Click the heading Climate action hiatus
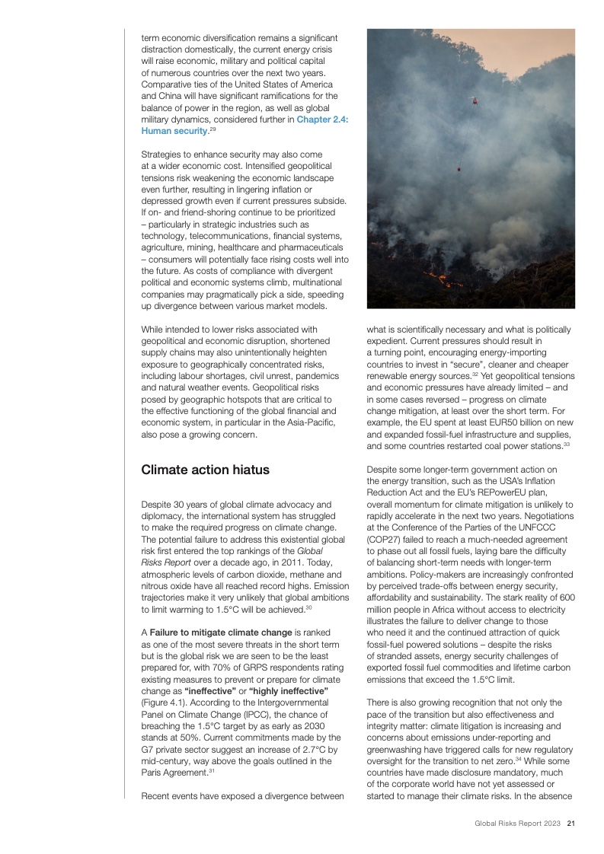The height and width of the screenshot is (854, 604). pos(205,470)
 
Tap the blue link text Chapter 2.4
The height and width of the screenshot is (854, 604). pos(322,119)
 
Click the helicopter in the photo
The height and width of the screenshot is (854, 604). pos(473,100)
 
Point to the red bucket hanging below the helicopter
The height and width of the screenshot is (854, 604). pos(458,170)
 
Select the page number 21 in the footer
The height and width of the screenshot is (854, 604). pos(570,823)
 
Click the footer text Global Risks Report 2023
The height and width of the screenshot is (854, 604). pos(518,823)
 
